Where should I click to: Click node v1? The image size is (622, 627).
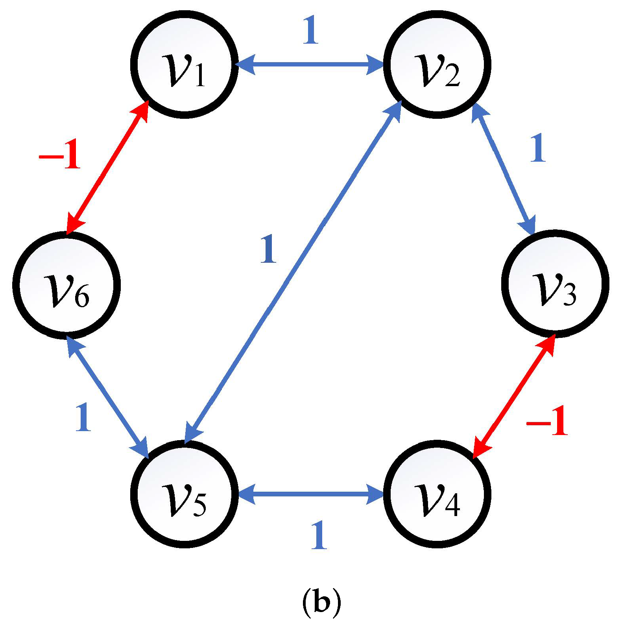point(184,64)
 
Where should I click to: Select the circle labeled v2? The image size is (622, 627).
point(437,64)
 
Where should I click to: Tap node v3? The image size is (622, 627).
point(555,284)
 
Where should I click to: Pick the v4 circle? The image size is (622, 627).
point(437,494)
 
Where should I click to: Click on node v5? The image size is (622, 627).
point(184,494)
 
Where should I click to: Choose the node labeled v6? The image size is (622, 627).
point(66,285)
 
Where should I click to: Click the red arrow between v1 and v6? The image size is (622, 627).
point(107,167)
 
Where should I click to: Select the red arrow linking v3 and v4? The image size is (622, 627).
point(514,397)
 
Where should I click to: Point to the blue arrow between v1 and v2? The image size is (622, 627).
point(310,64)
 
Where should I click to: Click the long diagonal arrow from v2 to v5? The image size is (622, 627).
point(293,271)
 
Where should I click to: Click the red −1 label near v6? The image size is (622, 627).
point(60,154)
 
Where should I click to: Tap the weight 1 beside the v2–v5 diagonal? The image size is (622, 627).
point(269,249)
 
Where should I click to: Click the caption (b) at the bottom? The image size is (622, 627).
point(321,602)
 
